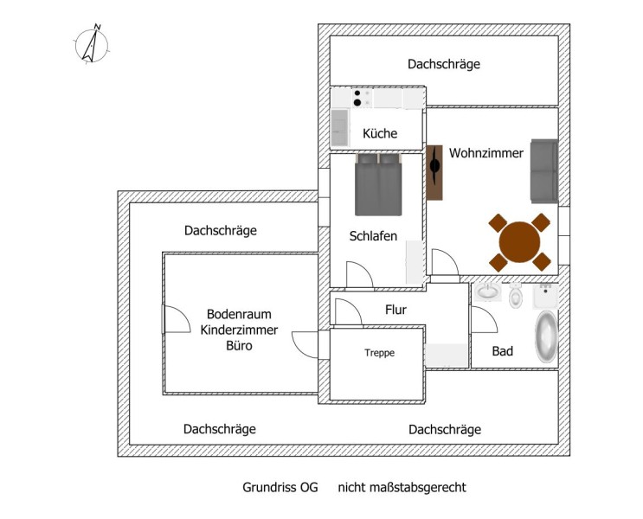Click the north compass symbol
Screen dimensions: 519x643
89,44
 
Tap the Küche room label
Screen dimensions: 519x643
380,133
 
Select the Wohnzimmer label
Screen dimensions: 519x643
485,153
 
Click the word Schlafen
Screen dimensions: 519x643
373,235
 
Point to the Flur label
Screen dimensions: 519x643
395,309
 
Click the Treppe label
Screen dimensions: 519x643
379,352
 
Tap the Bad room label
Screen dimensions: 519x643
502,351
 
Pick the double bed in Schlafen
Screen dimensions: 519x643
378,184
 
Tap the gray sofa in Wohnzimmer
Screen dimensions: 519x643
543,167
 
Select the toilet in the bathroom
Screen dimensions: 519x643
517,296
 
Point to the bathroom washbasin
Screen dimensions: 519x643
487,292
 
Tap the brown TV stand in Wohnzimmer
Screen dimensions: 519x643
435,172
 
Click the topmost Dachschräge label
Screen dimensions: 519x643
443,64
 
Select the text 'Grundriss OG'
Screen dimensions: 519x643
280,487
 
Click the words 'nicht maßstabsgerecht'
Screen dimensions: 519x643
402,487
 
